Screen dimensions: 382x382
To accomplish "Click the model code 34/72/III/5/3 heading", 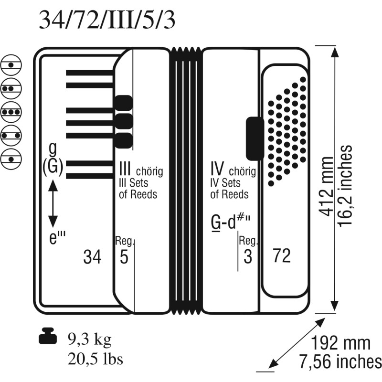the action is coord(106,20).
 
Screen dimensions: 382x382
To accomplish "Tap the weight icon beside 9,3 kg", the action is coord(48,336).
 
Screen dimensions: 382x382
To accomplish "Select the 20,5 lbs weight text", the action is coord(95,359).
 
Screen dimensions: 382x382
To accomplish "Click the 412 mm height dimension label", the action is coord(327,186).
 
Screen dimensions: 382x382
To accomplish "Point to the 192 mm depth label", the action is coord(340,343).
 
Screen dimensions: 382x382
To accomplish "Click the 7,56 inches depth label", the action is coord(340,362).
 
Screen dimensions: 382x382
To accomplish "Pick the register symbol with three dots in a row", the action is coord(11,112).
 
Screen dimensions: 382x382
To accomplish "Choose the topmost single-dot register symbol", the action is coord(11,65).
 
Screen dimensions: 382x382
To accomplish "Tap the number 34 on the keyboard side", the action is coord(92,257).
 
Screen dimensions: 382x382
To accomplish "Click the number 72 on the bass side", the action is coord(282,255).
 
